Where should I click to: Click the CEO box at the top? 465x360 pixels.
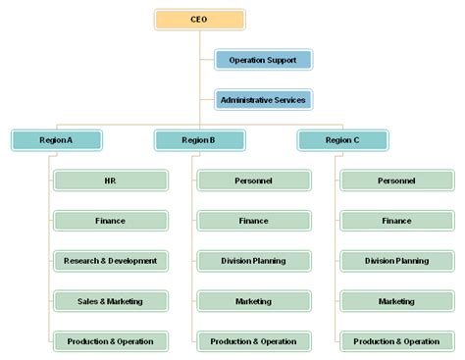199,20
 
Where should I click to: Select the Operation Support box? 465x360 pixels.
263,61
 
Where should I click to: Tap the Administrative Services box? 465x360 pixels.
263,100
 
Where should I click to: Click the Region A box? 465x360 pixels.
56,140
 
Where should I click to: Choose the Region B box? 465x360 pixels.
199,140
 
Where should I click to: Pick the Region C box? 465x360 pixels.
342,140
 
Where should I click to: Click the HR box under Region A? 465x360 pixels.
110,180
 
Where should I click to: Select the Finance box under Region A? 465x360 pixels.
110,221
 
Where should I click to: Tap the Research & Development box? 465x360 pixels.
110,261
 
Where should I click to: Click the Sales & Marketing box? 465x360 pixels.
110,301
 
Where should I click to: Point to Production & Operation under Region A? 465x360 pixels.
110,341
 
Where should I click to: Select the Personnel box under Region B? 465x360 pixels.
253,180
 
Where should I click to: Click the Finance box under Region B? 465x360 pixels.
253,221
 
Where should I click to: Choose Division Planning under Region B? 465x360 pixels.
253,261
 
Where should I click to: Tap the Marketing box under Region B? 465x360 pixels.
253,301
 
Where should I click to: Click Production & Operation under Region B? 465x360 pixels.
253,341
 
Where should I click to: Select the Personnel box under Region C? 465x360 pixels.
396,180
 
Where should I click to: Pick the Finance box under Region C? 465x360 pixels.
396,221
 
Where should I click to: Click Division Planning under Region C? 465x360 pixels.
396,261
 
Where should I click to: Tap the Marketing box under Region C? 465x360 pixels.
396,301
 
